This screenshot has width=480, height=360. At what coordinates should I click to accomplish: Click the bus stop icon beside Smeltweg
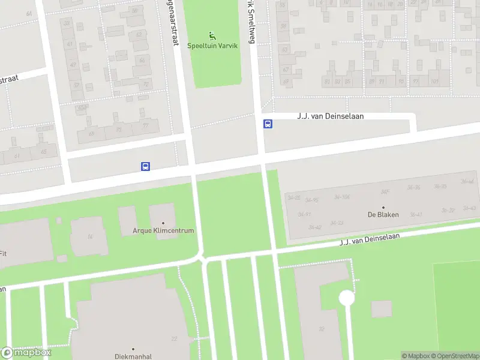(x=268, y=124)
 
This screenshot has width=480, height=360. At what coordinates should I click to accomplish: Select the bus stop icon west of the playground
(x=145, y=166)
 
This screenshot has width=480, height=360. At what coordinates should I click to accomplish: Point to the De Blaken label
(x=383, y=215)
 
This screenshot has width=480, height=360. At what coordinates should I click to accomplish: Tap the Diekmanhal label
(x=133, y=356)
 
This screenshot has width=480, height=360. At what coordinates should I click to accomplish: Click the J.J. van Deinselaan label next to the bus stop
(x=330, y=116)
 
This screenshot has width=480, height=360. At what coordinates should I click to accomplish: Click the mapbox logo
(x=26, y=353)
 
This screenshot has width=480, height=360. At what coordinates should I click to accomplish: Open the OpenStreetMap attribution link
(x=453, y=356)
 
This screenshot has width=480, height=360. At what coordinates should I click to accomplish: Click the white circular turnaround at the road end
(x=346, y=298)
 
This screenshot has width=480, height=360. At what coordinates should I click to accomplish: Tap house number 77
(x=146, y=127)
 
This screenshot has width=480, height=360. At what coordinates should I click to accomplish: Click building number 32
(x=322, y=328)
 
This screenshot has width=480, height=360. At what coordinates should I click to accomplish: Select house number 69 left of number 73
(x=92, y=133)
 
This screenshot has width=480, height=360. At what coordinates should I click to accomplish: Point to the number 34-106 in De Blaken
(x=342, y=197)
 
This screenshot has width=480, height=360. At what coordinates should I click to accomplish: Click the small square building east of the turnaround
(x=381, y=309)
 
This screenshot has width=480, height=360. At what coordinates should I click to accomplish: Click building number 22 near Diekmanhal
(x=174, y=339)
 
